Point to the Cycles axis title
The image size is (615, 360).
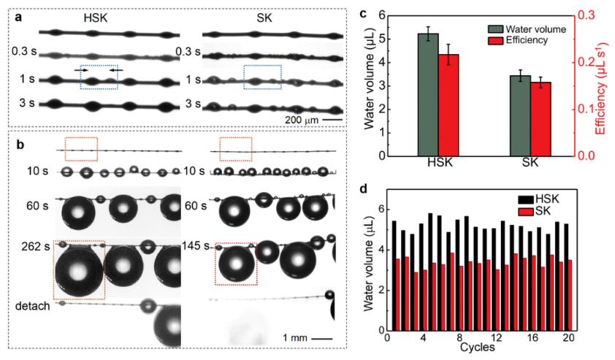(x=479, y=348)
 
